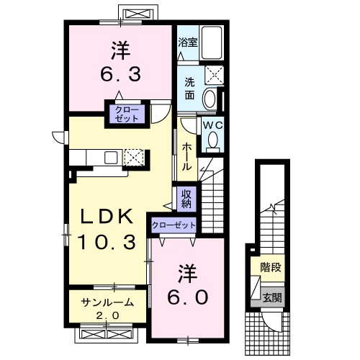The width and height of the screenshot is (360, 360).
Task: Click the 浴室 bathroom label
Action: point(188,42)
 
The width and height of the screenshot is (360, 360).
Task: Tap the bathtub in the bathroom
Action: point(212,42)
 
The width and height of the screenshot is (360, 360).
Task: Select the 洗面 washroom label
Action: point(189,89)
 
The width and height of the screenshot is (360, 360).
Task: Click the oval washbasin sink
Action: point(210,99)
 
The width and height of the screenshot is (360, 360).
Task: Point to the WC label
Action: point(213,125)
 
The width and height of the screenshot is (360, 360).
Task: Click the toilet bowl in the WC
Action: point(213,142)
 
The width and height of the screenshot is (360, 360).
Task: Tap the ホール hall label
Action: point(187,157)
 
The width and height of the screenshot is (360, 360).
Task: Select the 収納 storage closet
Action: point(186,199)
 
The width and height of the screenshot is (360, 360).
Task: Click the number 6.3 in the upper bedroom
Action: point(120,74)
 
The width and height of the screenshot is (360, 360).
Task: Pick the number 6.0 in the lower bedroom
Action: point(187,297)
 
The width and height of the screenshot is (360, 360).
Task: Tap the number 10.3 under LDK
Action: point(107,242)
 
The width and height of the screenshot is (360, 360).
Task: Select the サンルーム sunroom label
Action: point(107,302)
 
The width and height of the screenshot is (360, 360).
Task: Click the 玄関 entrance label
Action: point(271,298)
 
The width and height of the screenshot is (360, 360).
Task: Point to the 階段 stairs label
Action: point(271,267)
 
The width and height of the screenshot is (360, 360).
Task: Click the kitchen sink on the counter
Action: point(111,158)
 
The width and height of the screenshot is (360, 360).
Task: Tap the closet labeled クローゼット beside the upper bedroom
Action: point(127,114)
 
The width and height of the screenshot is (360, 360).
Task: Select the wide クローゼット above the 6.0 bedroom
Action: point(174,225)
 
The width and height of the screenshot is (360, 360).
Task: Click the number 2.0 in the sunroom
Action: point(107,315)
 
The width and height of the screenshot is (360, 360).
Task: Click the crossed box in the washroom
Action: point(214,74)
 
